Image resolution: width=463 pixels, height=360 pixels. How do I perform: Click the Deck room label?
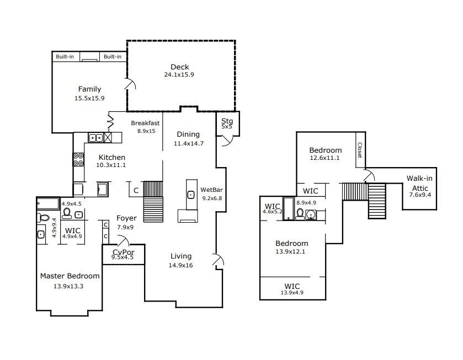coord(179,67)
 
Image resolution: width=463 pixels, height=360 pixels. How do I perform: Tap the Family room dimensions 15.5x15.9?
coord(89,98)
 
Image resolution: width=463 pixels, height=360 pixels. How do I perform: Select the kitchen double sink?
coord(96,137)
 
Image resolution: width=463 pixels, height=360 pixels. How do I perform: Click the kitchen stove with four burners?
coord(78,159)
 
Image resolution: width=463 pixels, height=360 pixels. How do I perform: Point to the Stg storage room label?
coord(227,121)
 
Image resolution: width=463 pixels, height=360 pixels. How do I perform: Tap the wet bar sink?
coord(191,195)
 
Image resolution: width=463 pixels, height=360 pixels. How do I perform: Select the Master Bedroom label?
coord(70,276)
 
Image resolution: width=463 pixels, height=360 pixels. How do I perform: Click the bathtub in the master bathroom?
coord(48,203)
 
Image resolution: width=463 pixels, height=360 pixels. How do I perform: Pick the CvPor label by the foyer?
coord(124,252)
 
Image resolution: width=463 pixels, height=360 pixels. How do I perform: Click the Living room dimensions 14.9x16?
coord(180,265)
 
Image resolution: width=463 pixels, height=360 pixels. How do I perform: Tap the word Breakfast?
coord(145,123)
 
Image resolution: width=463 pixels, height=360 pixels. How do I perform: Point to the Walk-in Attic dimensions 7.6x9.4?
coord(420,195)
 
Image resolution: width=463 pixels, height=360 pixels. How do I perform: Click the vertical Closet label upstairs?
coord(360,150)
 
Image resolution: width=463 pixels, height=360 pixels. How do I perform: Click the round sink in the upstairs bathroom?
coord(311,214)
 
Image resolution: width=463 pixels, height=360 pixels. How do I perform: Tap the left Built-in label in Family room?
coord(65,57)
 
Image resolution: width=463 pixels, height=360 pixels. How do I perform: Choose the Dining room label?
coord(188,135)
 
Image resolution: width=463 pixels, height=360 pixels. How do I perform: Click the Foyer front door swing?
coord(123,240)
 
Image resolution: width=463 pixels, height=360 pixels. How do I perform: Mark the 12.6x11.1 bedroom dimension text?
coord(325,158)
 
